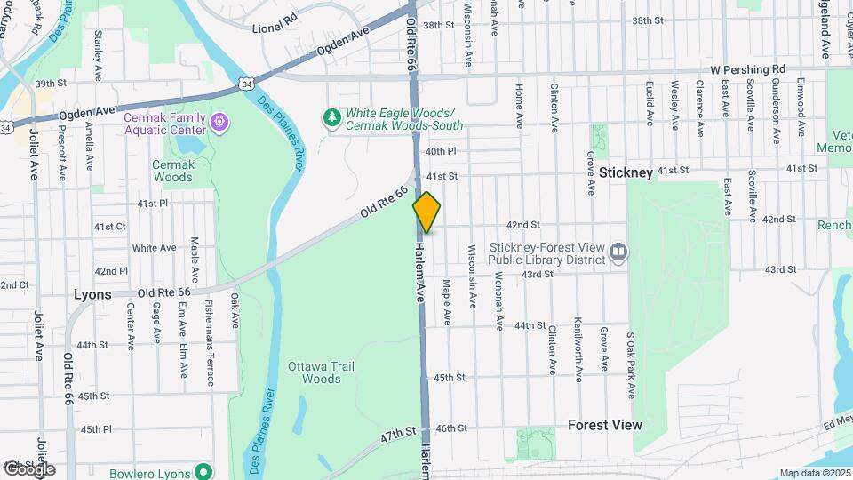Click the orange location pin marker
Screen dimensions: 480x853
(x=426, y=212)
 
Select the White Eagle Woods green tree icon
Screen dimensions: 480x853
(x=332, y=116)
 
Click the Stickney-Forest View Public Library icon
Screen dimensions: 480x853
(x=618, y=254)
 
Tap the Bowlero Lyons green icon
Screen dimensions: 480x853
(x=203, y=472)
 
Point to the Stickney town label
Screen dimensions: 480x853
(x=626, y=172)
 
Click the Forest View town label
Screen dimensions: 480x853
(x=604, y=425)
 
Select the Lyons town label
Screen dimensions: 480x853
(x=92, y=294)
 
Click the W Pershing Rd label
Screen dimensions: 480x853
(x=748, y=68)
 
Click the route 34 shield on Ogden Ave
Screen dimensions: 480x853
(x=244, y=84)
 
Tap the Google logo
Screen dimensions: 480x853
(x=29, y=468)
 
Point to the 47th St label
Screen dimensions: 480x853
(x=398, y=432)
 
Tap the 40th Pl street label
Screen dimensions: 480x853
(x=441, y=152)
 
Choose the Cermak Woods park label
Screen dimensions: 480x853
(x=172, y=171)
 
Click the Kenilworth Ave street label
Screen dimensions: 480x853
(x=578, y=349)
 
